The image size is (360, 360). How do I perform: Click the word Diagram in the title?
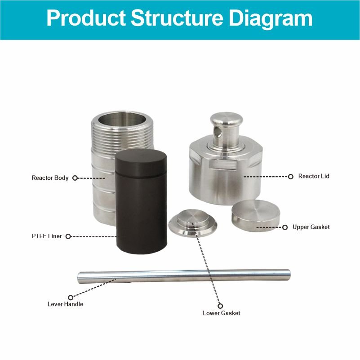point(271,19)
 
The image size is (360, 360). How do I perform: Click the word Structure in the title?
point(177,18)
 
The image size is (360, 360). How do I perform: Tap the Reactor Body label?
point(50,178)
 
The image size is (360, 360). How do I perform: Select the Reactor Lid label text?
point(314,176)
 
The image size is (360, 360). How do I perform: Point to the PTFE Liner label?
point(47,236)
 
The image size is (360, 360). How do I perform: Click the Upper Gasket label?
point(311,227)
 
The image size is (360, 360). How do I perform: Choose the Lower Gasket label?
point(222,313)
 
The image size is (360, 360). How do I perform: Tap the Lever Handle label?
point(65,304)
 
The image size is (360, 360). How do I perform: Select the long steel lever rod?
point(184,276)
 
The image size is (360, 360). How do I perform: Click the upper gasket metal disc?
point(256,215)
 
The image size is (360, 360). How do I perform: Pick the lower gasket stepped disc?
point(193,223)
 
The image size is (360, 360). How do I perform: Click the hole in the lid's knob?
point(217,133)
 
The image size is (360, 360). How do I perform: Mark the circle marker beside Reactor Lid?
point(291,177)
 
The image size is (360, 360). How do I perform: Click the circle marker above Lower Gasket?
point(220,306)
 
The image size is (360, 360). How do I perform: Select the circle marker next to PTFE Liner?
point(68,236)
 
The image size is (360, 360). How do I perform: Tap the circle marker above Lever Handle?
point(71,298)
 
